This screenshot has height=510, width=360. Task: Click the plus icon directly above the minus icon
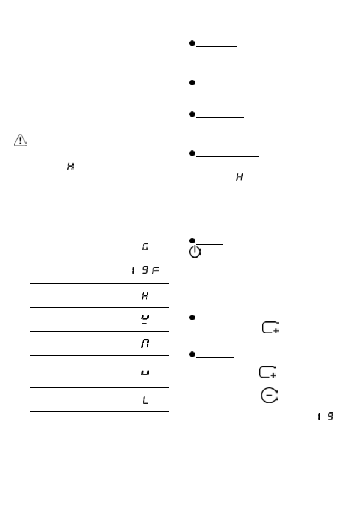tap(268, 372)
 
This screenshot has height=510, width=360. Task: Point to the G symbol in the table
tap(145, 246)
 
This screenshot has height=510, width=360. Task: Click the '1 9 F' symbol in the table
tap(145, 270)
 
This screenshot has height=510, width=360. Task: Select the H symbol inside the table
tap(145, 295)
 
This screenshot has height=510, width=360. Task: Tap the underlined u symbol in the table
tap(145, 319)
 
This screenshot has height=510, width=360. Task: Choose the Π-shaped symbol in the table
tap(145, 343)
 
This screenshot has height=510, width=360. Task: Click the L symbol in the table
tap(145, 400)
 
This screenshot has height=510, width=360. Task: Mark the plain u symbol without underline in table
tap(145, 372)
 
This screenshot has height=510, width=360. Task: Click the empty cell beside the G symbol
tap(75, 246)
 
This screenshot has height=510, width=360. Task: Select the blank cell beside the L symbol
tap(75, 400)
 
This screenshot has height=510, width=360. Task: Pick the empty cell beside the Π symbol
tap(75, 343)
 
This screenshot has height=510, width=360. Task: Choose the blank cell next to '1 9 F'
tap(75, 270)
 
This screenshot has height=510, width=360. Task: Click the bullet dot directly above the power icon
tap(193, 241)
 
